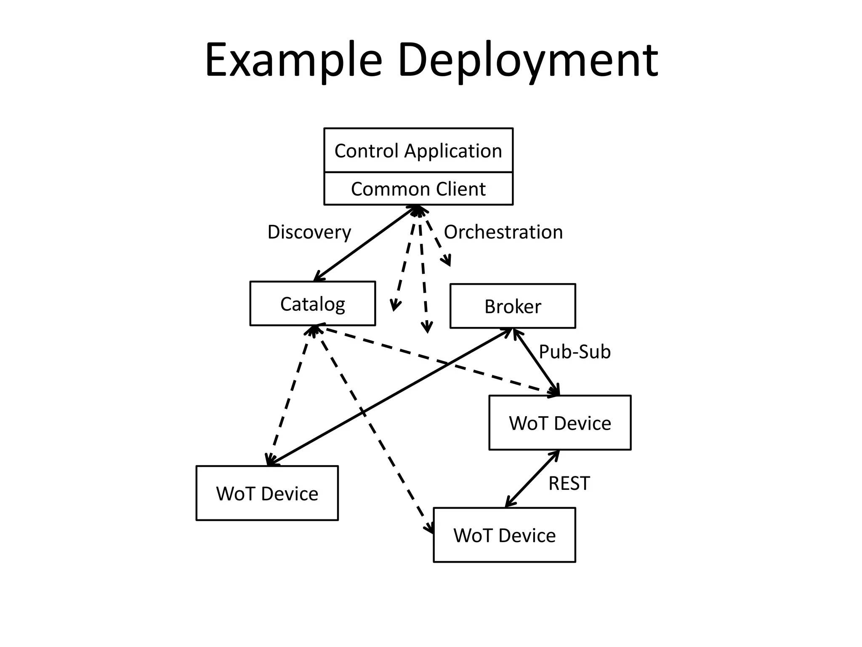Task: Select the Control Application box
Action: pyautogui.click(x=418, y=150)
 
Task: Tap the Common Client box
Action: pyautogui.click(x=418, y=189)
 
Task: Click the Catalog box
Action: pyautogui.click(x=312, y=304)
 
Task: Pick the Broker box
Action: pyautogui.click(x=512, y=306)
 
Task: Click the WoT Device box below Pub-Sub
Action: pyautogui.click(x=559, y=422)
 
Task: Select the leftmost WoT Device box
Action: pyautogui.click(x=267, y=493)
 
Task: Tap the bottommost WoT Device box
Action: pyautogui.click(x=504, y=535)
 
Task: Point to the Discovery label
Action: pyautogui.click(x=309, y=232)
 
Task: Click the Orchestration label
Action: pyautogui.click(x=503, y=232)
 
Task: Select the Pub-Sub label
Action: pyautogui.click(x=574, y=352)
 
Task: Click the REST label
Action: pyautogui.click(x=569, y=483)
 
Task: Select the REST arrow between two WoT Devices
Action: pyautogui.click(x=532, y=479)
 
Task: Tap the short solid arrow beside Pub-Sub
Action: pyautogui.click(x=536, y=362)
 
